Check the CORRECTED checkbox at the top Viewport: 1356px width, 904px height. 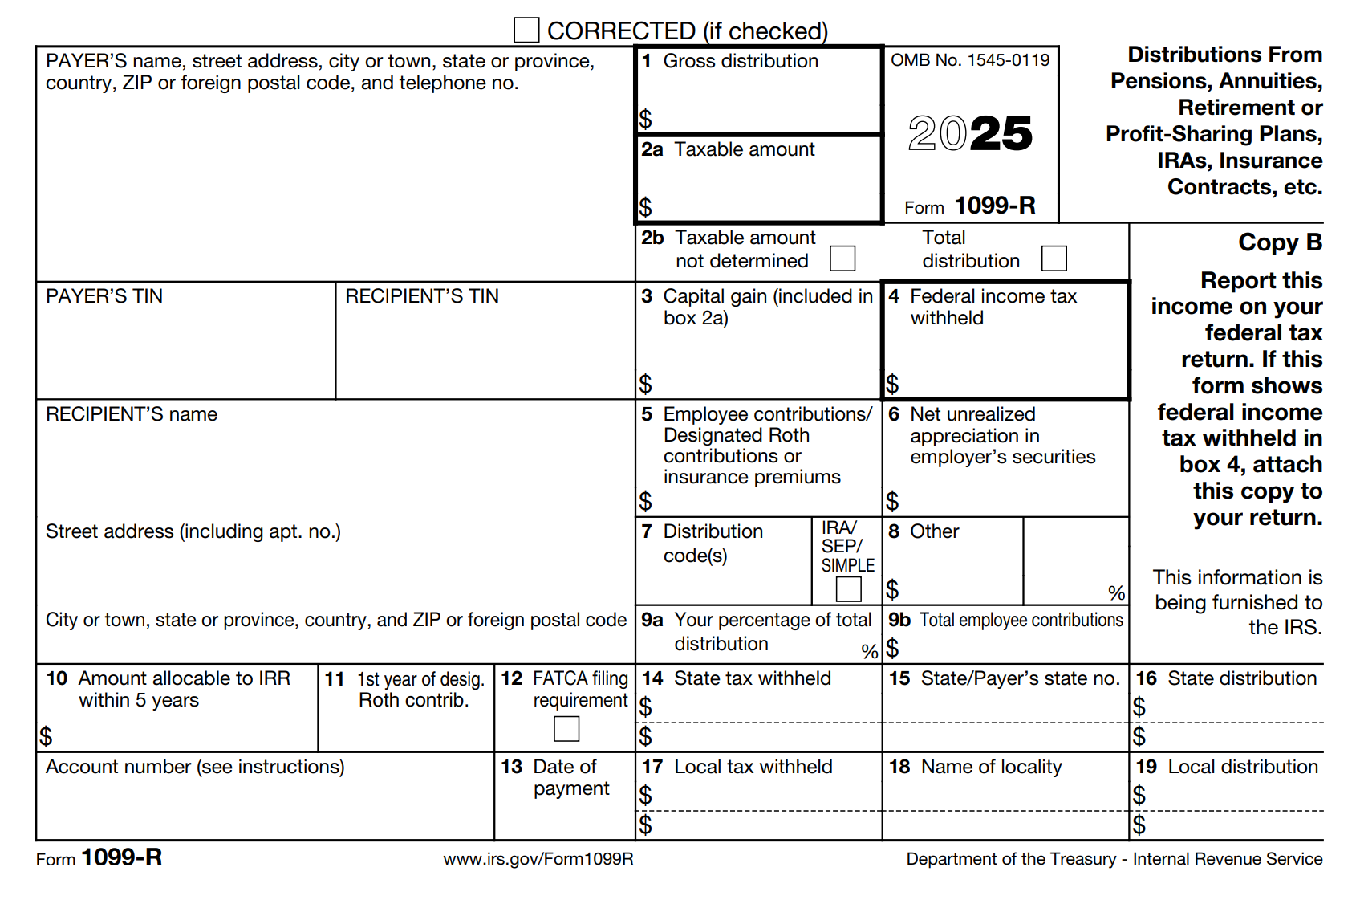pos(526,31)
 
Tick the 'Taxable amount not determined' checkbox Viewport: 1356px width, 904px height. pos(842,259)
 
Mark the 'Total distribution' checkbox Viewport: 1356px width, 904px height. pos(1054,259)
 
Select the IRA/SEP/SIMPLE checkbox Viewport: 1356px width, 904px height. pos(848,588)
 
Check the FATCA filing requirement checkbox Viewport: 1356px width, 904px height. pos(566,728)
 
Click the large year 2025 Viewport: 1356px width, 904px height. pos(970,133)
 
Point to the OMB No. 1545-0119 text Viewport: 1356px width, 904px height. pos(970,60)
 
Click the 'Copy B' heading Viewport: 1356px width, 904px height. pos(1280,242)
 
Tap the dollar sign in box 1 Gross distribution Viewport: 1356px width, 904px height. pos(646,119)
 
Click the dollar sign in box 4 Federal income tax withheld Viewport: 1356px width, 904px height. pos(892,384)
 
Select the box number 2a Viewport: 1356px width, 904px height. pos(652,149)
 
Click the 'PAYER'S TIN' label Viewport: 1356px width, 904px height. pos(104,296)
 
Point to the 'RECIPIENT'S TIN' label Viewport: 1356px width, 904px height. pos(422,296)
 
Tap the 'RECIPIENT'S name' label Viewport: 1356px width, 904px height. pos(132,414)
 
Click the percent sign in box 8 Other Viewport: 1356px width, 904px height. pos(1116,593)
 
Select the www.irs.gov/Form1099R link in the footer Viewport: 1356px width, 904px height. pos(538,859)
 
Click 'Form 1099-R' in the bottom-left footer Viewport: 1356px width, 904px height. pos(99,858)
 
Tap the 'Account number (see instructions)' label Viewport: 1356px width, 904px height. pos(195,767)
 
